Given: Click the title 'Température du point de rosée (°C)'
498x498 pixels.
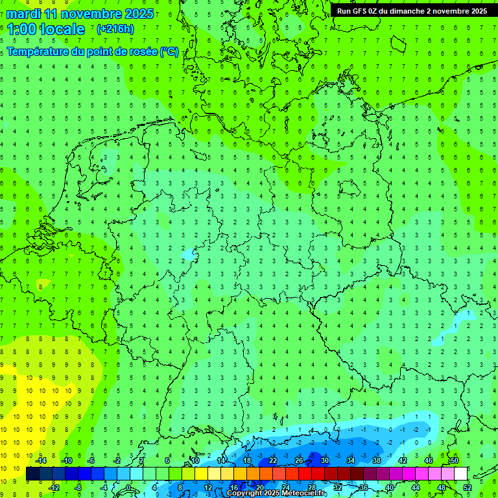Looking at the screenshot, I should point(93,51).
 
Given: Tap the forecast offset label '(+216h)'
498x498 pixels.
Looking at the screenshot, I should point(115,29).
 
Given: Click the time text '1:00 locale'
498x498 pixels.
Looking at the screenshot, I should point(46,29).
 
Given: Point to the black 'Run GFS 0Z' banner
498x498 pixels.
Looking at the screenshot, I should point(412,10).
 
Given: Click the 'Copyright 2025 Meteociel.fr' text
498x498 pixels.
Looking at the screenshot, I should point(277,493).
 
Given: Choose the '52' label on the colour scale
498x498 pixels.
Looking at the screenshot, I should point(468,487).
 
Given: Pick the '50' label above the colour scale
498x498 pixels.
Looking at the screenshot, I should point(454,460).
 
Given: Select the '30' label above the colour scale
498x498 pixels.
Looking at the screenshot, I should point(325,460).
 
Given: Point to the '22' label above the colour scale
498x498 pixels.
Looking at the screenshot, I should point(273,460).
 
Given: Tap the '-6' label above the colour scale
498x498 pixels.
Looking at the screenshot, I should point(91,460).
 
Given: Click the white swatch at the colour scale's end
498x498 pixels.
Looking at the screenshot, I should point(460,474).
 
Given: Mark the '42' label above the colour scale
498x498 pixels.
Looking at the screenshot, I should point(403,460).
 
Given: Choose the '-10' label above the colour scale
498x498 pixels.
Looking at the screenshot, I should point(65,460).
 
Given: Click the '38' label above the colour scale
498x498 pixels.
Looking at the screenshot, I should point(377,460).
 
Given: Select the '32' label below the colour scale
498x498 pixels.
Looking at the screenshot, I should point(338,487).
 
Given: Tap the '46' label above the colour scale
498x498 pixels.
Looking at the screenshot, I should point(429,460).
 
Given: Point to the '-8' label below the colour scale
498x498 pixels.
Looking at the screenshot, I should point(78,487).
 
